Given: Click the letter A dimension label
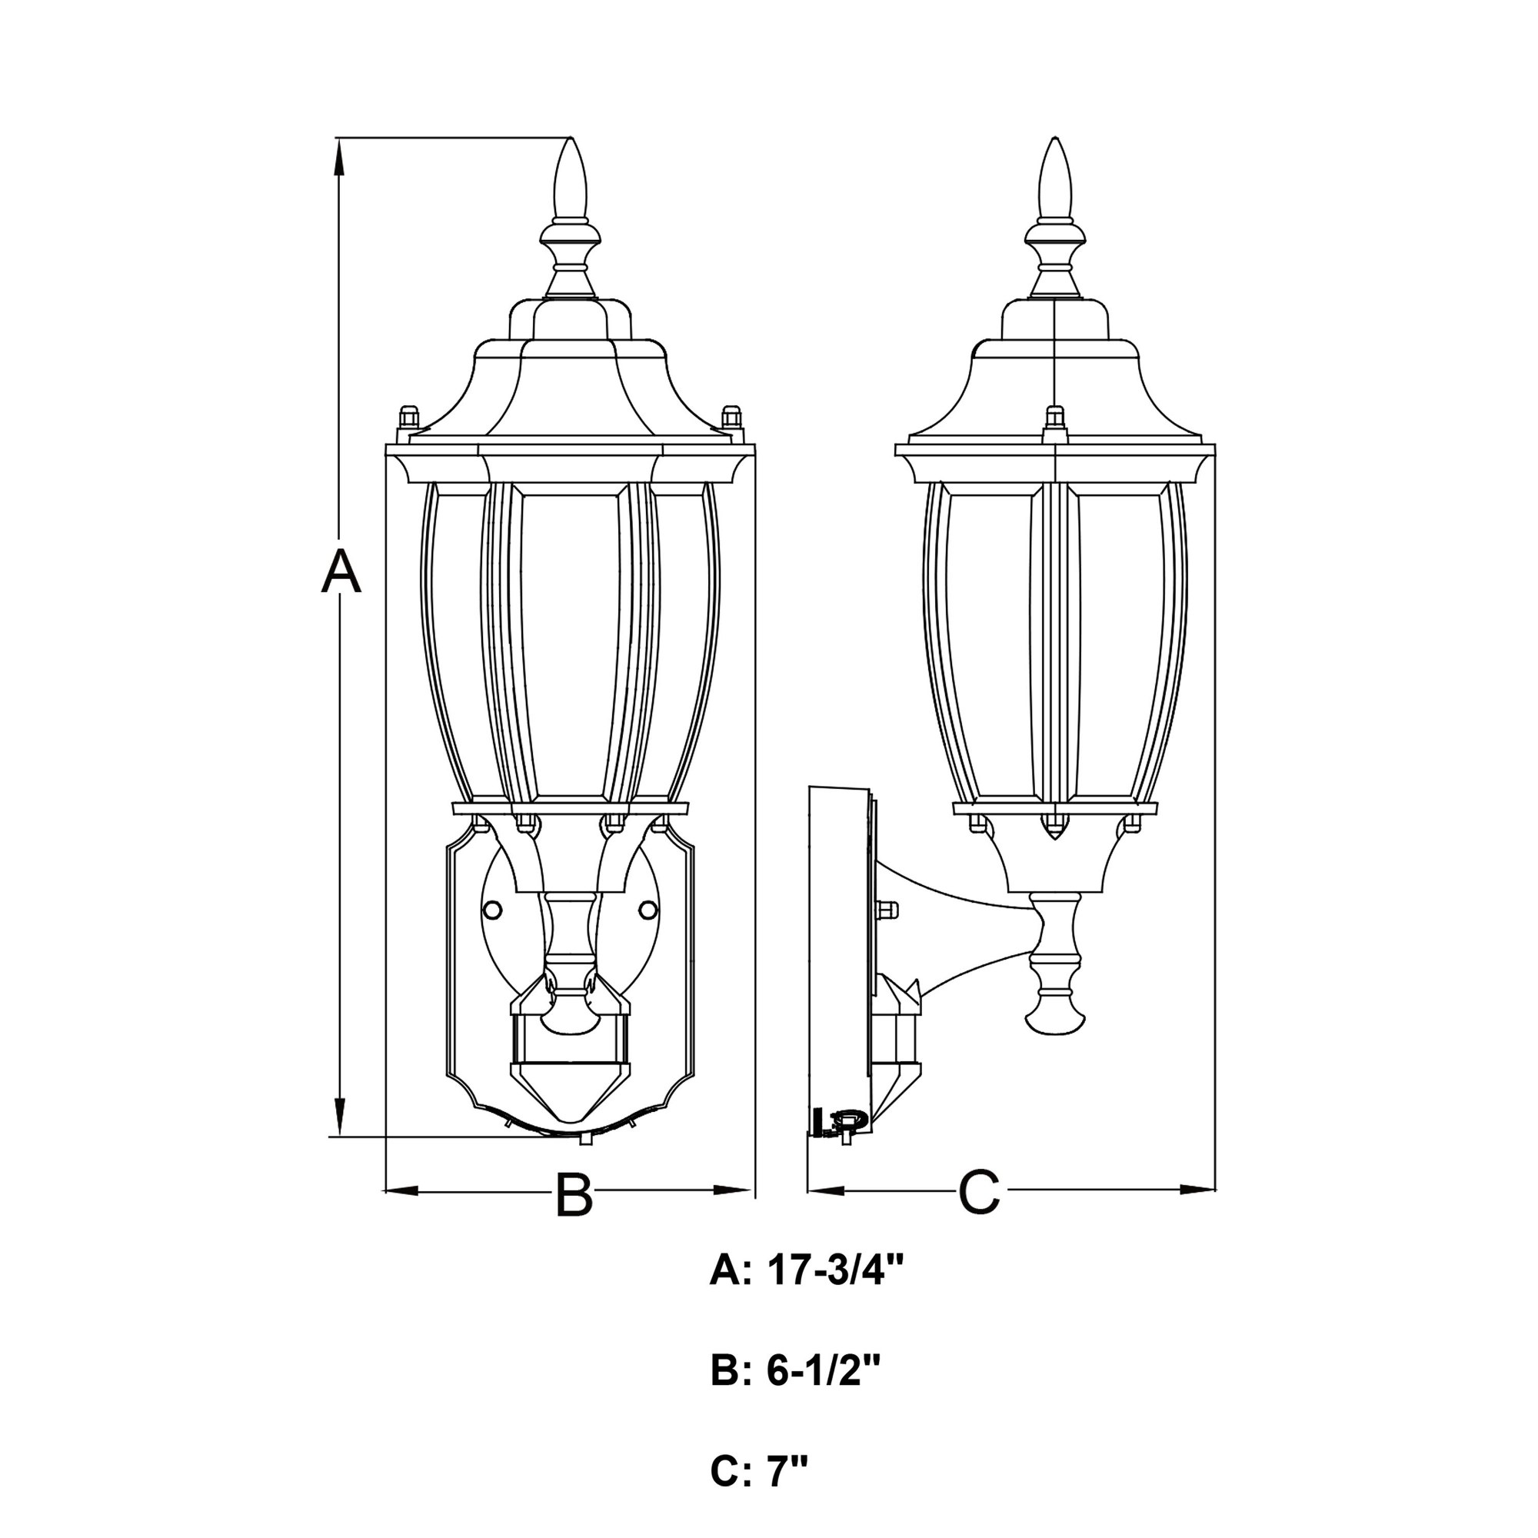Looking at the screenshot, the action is tap(341, 570).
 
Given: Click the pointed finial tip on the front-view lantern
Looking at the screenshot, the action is tap(571, 141).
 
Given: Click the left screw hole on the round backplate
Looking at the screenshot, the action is tap(494, 909).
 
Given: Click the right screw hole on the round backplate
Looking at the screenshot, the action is tap(649, 909).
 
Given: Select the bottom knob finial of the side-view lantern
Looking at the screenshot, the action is tap(1055, 1013).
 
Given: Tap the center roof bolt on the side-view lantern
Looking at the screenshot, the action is tap(1055, 419).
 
